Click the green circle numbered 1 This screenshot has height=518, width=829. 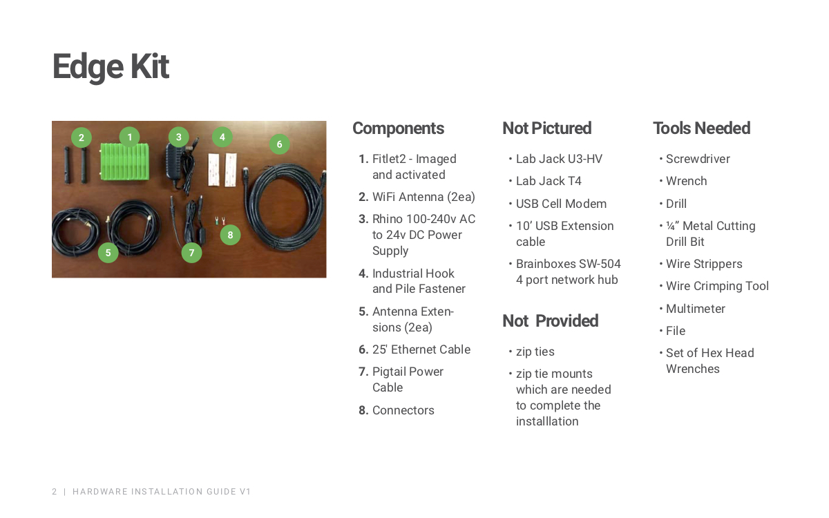click(x=130, y=137)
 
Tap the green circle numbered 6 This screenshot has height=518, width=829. click(x=279, y=144)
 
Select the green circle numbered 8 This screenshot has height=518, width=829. click(x=230, y=235)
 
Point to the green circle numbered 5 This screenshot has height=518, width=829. click(x=108, y=253)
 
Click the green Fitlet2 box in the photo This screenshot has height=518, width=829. click(x=125, y=162)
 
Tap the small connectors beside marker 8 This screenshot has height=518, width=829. click(x=220, y=221)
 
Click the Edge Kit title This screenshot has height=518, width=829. click(x=111, y=67)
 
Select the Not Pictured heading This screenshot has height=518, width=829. click(x=546, y=128)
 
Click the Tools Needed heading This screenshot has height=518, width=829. click(x=701, y=128)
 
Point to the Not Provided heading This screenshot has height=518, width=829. click(x=550, y=320)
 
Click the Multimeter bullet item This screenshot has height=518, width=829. click(x=696, y=309)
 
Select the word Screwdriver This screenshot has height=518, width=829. click(x=698, y=159)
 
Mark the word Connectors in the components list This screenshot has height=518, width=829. click(x=403, y=410)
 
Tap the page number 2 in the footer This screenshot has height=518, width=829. click(x=55, y=491)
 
